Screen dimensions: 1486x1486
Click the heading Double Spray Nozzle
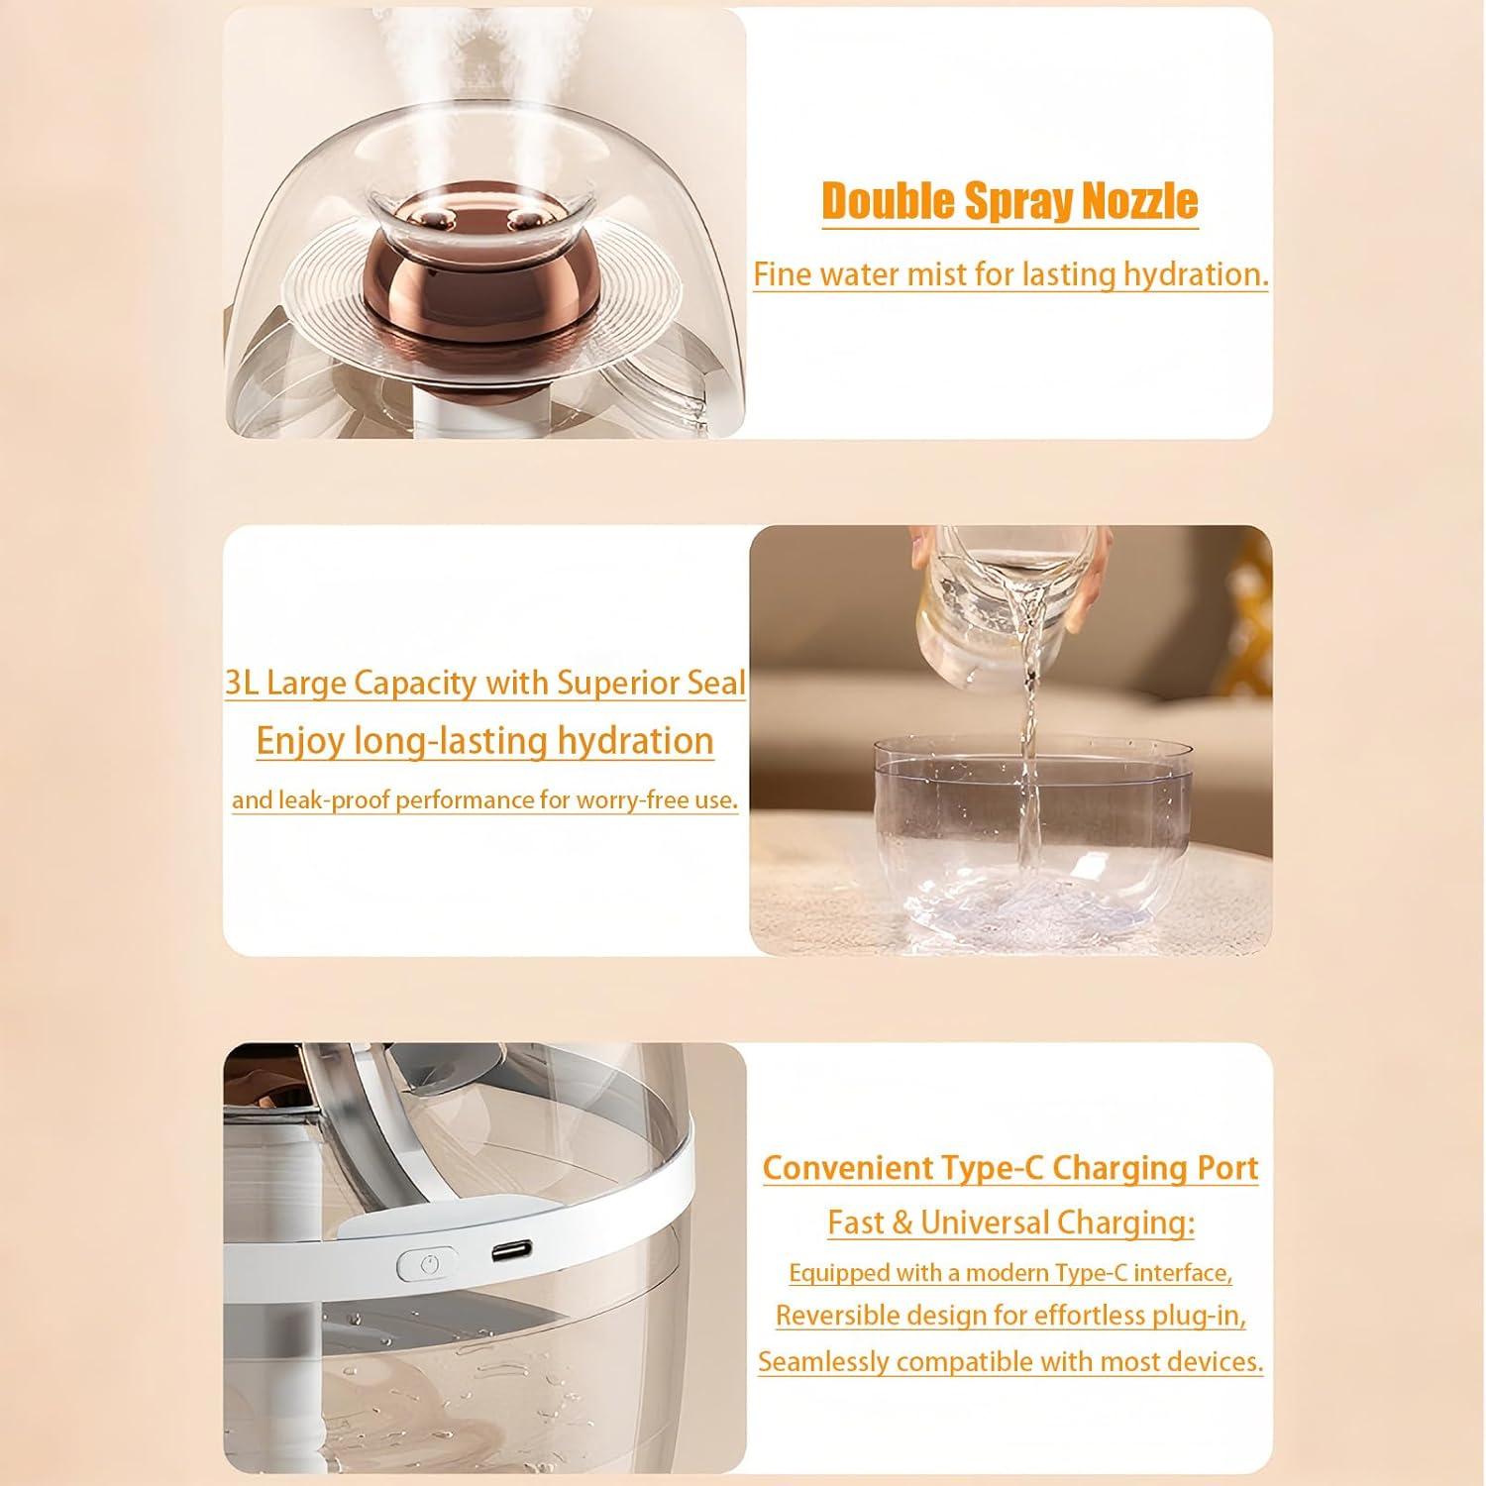(x=1009, y=201)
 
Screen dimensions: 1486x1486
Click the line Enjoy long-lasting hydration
(x=485, y=741)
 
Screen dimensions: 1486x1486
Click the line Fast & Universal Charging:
(x=1011, y=1222)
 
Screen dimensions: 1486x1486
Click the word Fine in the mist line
(x=778, y=274)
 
